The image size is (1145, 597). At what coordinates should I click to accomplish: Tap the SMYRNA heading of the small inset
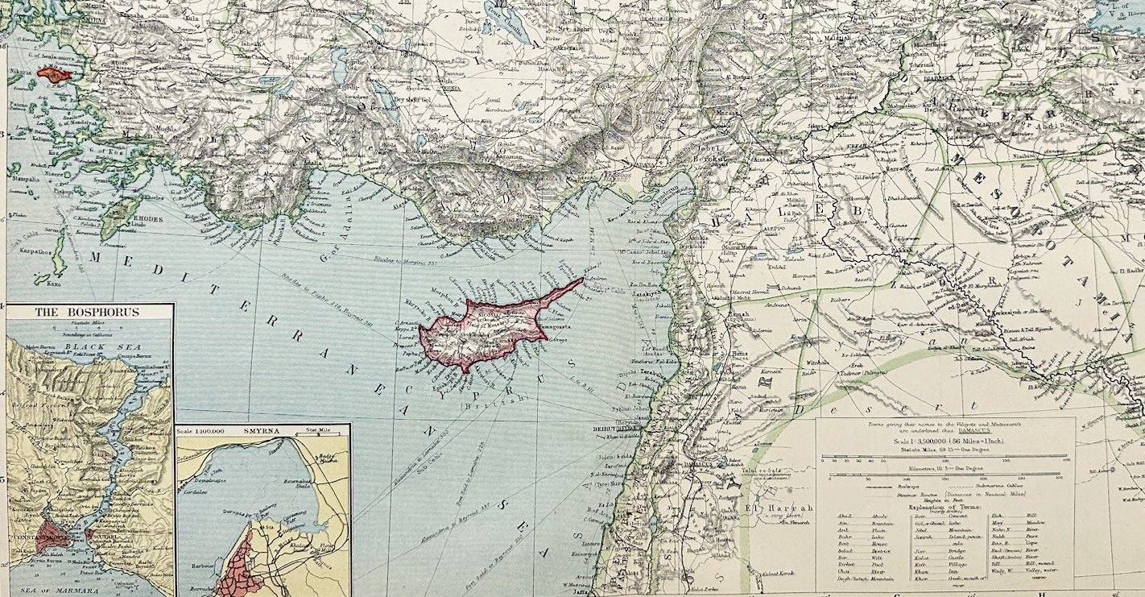point(263,431)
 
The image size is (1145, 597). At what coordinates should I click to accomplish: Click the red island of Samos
point(55,77)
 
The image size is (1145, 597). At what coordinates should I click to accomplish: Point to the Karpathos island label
point(34,251)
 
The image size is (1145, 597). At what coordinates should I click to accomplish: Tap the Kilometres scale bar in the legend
point(946,475)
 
